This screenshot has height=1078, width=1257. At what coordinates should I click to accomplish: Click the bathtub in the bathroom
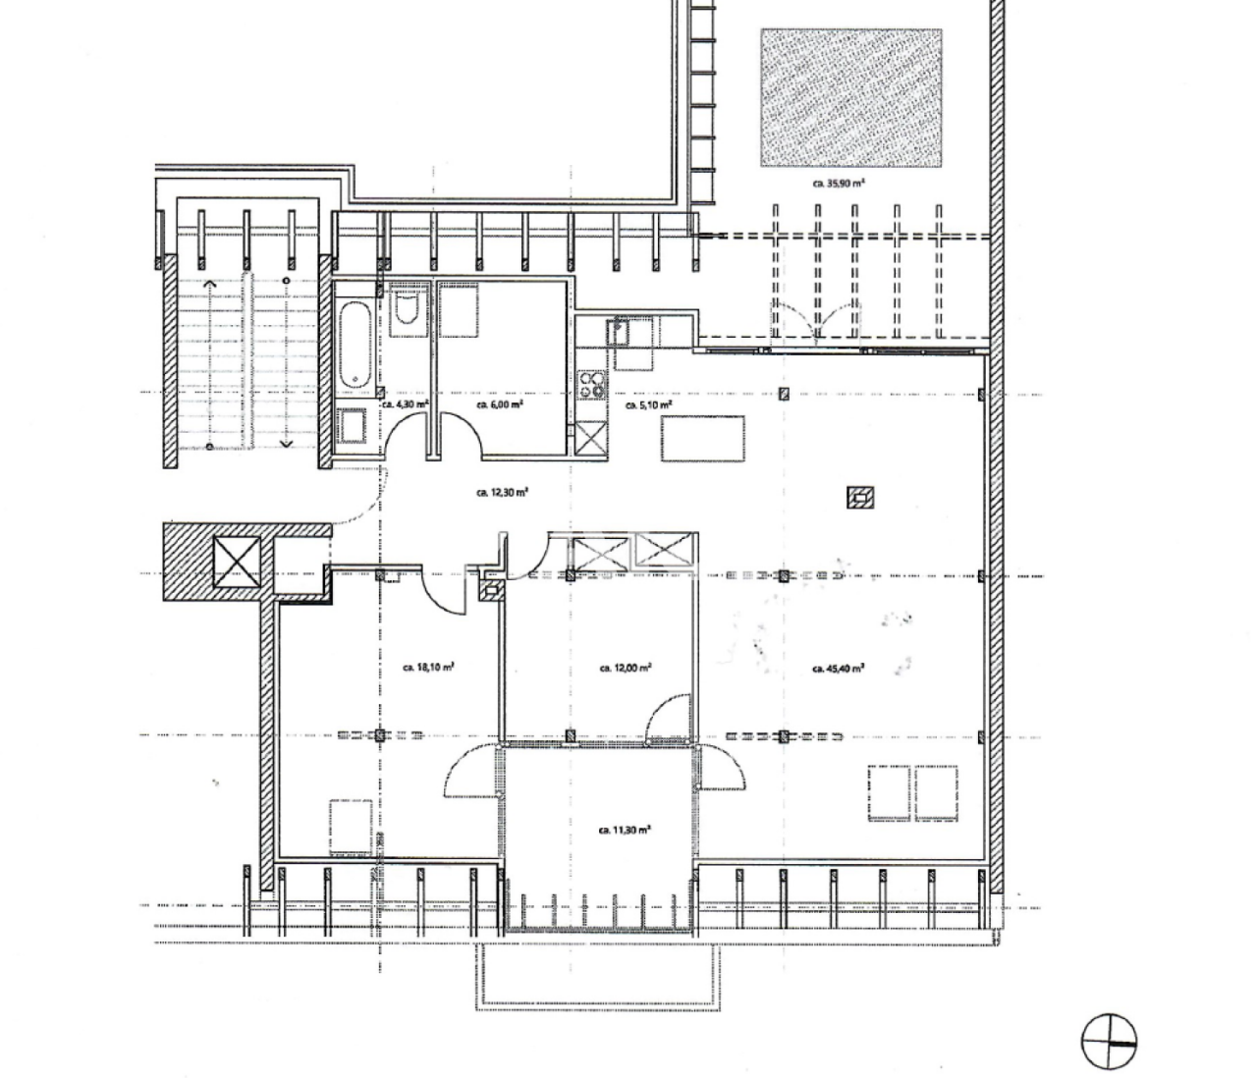(355, 345)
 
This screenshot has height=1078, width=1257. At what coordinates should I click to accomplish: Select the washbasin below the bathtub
(354, 428)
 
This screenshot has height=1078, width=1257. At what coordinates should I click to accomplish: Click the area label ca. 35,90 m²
(838, 182)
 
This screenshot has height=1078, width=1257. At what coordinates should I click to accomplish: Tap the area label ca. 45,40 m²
(838, 669)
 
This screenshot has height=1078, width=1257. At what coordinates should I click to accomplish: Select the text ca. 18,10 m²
(427, 667)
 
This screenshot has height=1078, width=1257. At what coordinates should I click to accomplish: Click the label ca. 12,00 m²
(626, 668)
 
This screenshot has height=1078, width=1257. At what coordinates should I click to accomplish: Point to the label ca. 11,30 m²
(625, 830)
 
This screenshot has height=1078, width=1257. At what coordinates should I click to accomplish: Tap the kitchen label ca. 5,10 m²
(648, 404)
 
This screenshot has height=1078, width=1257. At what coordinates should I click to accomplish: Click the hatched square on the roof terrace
(850, 96)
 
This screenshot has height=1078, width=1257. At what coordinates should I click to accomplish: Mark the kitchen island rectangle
(702, 438)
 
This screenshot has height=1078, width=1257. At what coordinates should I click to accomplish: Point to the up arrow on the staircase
(209, 284)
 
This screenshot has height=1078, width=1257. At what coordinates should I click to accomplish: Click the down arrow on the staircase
(287, 443)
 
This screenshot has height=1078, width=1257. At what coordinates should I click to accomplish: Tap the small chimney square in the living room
(861, 498)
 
